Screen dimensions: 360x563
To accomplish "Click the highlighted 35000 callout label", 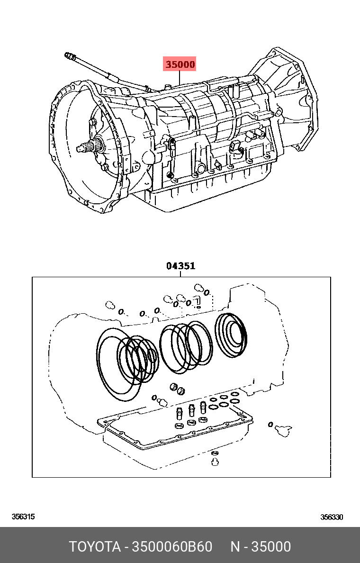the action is pyautogui.click(x=180, y=64).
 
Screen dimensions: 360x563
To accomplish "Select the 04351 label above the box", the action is pyautogui.click(x=180, y=266).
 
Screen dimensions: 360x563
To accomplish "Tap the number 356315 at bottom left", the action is pyautogui.click(x=23, y=517).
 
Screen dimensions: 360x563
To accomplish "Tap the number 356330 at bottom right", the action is pyautogui.click(x=332, y=517).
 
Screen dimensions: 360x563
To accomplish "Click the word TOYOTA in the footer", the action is pyautogui.click(x=94, y=546).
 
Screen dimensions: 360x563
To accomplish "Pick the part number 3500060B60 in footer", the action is pyautogui.click(x=172, y=546).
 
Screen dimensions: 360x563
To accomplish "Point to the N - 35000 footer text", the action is pyautogui.click(x=261, y=546).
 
